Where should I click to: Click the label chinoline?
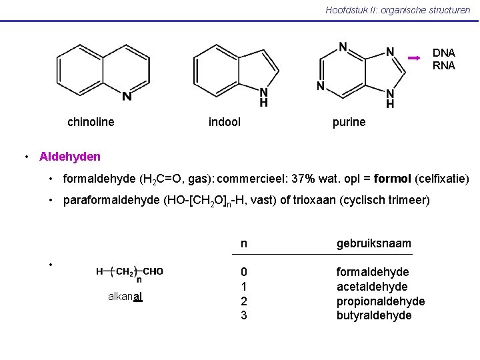tap(91, 122)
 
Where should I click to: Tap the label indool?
tap(225, 122)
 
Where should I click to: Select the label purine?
tap(349, 122)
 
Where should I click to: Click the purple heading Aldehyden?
tap(70, 157)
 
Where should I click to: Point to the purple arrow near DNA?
tap(414, 59)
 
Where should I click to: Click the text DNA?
tap(444, 53)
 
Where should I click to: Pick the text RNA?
tap(444, 65)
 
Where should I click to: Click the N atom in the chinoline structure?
tap(127, 97)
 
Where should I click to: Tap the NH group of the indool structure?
tap(264, 98)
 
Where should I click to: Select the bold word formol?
tap(393, 179)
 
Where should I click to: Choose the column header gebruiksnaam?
tap(374, 244)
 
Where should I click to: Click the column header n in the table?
tap(244, 244)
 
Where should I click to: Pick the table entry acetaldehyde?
tap(372, 287)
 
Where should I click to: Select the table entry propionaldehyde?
tap(381, 301)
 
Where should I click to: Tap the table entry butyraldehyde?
tap(374, 315)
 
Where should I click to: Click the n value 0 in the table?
tap(244, 272)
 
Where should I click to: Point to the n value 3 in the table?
tap(244, 315)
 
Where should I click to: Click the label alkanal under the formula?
tap(125, 297)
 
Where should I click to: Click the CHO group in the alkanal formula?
tap(153, 271)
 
